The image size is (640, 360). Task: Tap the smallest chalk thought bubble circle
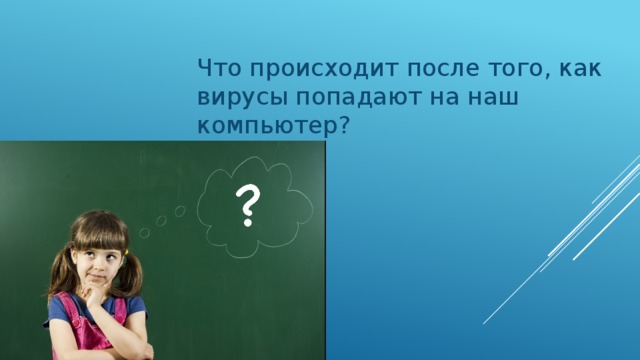coord(144,234)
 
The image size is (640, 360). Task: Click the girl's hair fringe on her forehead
coord(95,232)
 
